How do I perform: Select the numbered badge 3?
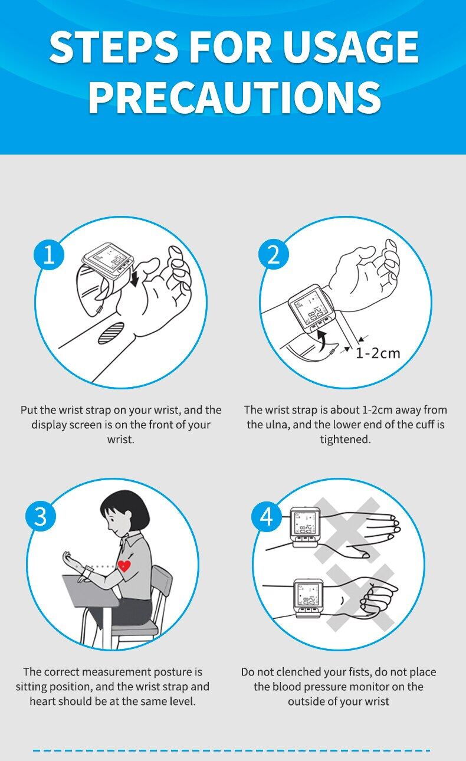(x=41, y=516)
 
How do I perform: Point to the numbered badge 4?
(x=266, y=516)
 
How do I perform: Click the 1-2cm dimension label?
(x=378, y=353)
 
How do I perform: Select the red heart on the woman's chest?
(x=124, y=566)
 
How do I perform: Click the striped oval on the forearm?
(x=111, y=333)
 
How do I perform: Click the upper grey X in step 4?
(x=347, y=530)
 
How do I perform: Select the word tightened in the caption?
(x=346, y=439)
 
